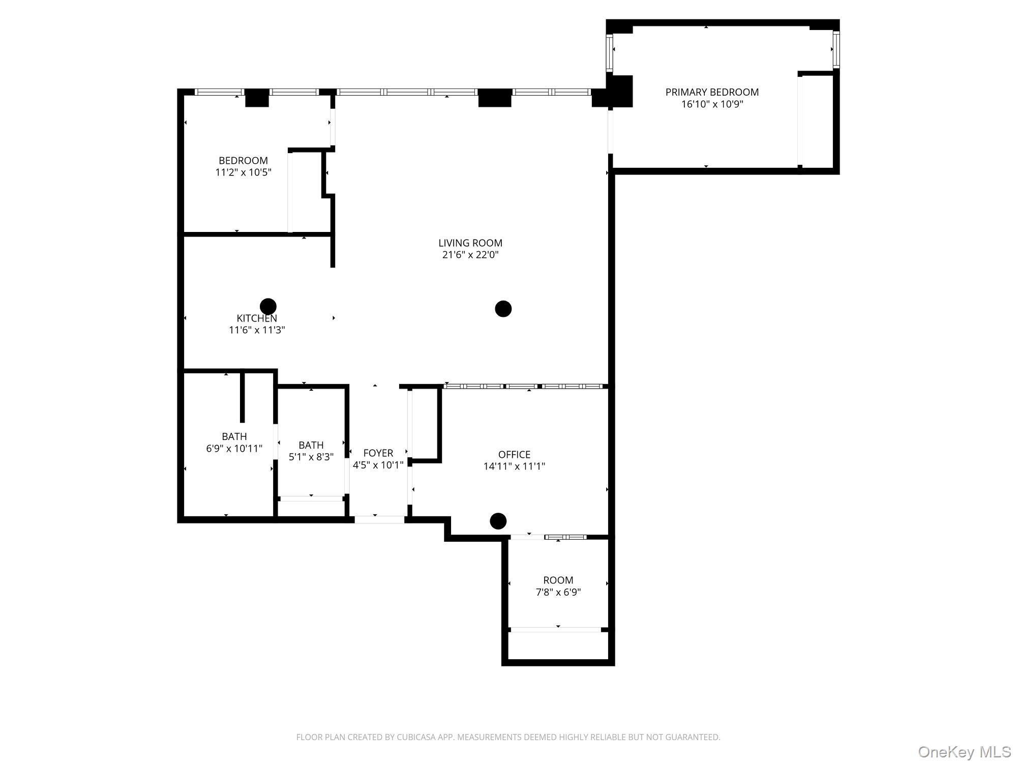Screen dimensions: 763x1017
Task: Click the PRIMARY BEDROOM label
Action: pos(712,92)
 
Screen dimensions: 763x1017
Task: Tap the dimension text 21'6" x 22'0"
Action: pos(470,255)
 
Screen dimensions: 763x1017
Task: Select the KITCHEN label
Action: pos(257,318)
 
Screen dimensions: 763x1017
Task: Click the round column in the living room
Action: pos(503,309)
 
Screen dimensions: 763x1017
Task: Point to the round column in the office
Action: pos(498,521)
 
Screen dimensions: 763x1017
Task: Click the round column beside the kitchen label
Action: pos(268,306)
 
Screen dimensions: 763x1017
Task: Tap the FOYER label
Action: pos(378,453)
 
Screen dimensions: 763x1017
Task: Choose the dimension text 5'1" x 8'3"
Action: pos(311,457)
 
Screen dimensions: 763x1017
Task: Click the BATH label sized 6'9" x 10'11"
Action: pos(234,436)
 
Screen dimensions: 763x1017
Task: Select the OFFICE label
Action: pos(514,454)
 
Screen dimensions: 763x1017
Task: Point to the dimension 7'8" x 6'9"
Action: pos(558,592)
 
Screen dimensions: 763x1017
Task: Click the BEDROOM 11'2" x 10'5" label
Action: pos(243,161)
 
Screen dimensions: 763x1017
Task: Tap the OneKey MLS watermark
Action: pos(964,752)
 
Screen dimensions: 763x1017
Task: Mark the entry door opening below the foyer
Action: pos(379,519)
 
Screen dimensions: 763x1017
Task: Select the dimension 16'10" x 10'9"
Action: pos(712,104)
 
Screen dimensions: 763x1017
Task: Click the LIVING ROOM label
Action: pos(470,243)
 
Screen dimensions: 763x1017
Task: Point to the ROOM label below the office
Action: pos(558,580)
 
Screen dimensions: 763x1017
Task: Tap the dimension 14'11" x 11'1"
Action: pos(514,466)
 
